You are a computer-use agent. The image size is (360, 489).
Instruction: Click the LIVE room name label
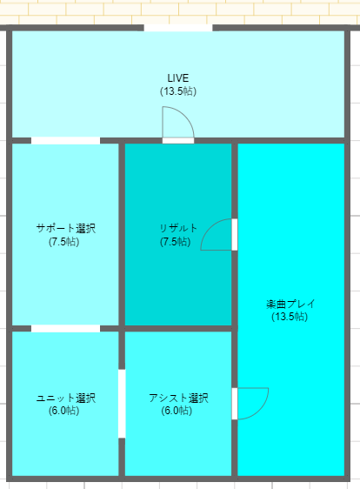click(178, 77)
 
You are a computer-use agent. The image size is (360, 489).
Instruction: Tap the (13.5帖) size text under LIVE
click(178, 91)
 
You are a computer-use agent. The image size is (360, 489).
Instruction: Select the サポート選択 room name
click(66, 228)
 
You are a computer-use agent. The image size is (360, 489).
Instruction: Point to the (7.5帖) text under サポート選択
click(63, 242)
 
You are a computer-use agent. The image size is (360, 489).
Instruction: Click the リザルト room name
click(178, 228)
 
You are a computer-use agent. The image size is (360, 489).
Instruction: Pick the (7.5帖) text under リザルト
click(175, 242)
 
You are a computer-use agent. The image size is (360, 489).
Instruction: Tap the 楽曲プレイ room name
click(290, 304)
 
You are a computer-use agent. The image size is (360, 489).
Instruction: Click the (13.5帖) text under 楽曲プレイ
click(290, 317)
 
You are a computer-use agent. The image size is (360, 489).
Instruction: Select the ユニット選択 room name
click(66, 398)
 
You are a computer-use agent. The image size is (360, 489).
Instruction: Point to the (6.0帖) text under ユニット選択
click(63, 411)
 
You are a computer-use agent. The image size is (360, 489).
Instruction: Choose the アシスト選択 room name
click(178, 398)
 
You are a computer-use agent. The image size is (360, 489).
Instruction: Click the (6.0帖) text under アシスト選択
click(177, 411)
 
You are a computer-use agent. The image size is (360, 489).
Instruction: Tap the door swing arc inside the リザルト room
click(210, 228)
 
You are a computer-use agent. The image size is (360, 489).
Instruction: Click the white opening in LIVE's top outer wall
click(178, 28)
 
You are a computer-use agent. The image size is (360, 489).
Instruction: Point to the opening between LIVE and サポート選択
click(65, 141)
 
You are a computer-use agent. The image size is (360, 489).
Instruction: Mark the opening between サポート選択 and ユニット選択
click(65, 328)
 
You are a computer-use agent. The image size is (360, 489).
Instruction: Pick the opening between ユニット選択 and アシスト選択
click(122, 404)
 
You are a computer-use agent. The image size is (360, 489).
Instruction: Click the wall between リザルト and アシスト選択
click(178, 328)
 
